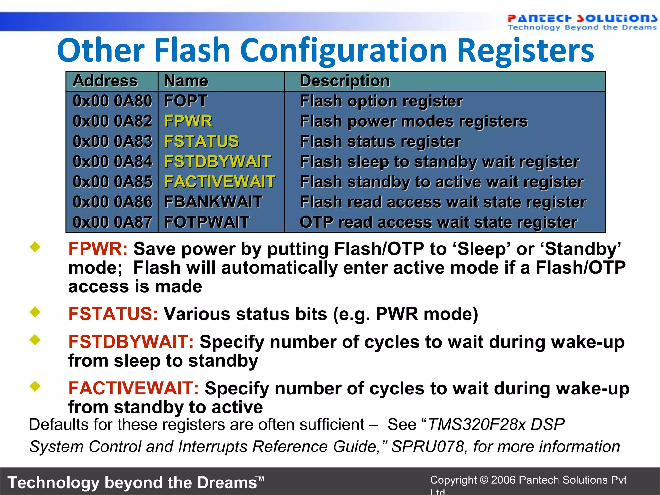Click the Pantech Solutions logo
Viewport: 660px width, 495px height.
coord(582,22)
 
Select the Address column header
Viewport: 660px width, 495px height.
coord(105,81)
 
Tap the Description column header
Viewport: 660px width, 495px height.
coord(345,81)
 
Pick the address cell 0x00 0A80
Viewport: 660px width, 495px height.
coord(112,101)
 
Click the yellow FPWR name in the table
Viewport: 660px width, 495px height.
coord(188,121)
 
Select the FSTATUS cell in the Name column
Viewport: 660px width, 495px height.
coord(201,141)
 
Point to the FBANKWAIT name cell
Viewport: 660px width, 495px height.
coord(213,202)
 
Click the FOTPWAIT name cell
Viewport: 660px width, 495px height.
coord(206,222)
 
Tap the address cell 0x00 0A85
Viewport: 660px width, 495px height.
coord(112,182)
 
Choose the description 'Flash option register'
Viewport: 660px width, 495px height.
coord(381,101)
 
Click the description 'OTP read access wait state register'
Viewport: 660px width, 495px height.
coord(438,222)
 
